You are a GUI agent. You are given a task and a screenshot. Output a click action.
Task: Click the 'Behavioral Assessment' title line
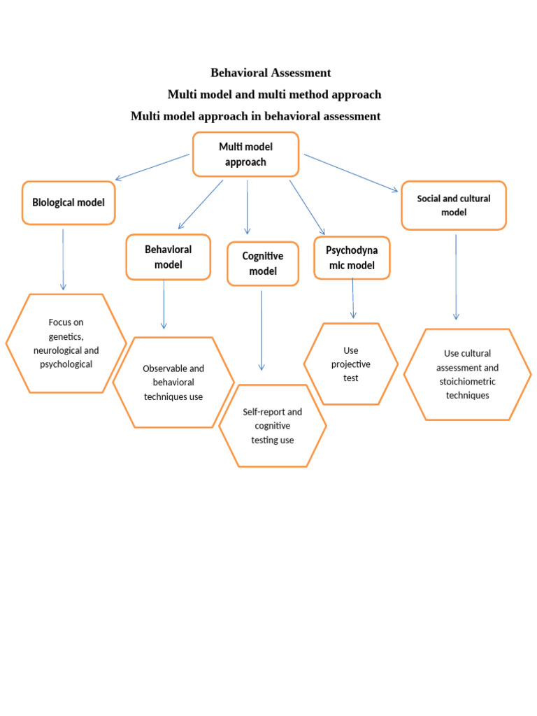click(271, 73)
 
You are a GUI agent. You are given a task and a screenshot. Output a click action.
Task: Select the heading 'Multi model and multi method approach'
click(274, 94)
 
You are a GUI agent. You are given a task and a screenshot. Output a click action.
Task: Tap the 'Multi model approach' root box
click(245, 155)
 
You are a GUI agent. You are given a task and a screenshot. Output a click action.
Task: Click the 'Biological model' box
click(69, 203)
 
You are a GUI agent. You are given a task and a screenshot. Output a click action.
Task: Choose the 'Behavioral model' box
click(168, 257)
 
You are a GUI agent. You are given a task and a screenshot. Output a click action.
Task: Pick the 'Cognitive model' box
click(263, 264)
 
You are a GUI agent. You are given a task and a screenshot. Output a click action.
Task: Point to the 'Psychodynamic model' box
click(351, 257)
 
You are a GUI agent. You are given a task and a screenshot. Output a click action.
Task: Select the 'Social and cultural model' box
click(453, 205)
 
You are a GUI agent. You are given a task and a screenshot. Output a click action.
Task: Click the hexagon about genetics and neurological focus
click(66, 343)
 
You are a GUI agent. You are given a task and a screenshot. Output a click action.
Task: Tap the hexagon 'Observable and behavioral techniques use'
click(173, 382)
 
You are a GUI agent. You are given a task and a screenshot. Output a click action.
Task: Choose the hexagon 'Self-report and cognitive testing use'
click(272, 426)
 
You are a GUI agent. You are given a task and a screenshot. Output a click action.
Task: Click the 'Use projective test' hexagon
click(351, 364)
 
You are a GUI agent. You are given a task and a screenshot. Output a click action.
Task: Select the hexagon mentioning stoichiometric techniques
click(467, 374)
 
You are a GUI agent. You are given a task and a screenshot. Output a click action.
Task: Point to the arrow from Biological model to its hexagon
click(63, 259)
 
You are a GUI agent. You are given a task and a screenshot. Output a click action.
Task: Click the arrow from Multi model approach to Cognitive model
click(247, 206)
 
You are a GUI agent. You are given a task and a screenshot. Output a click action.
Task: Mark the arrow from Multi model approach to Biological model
click(152, 167)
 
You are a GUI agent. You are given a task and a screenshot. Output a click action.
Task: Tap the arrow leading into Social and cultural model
click(351, 172)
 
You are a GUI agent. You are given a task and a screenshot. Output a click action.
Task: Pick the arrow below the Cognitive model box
click(262, 330)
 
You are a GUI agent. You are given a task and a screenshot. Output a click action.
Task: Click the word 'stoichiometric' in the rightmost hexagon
click(467, 382)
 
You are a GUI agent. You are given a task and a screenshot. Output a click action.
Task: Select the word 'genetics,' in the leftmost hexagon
click(66, 336)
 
